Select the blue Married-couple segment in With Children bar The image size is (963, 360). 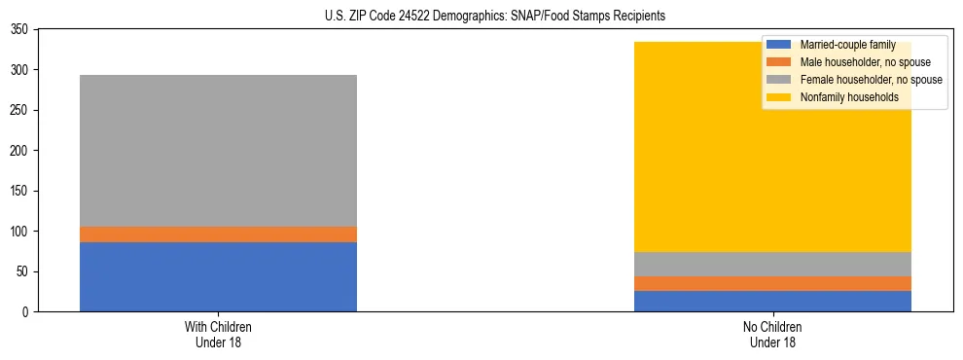[218, 276]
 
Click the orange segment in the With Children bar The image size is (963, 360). [218, 234]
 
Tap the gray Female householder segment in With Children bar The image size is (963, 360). [218, 151]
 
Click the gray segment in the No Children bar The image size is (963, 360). [772, 265]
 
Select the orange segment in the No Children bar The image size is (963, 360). [772, 283]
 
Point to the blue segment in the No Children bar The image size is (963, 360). [772, 301]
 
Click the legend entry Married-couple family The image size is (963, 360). [844, 45]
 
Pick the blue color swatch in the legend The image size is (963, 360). [779, 45]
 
